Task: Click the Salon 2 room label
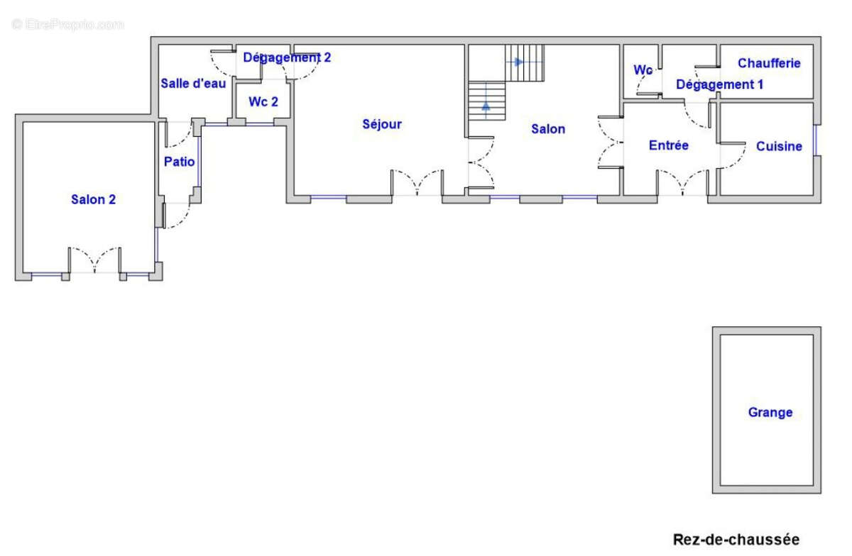[93, 199]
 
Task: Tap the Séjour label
[382, 124]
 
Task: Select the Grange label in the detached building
[770, 412]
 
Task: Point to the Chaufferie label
[769, 63]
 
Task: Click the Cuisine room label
[779, 146]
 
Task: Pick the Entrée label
[669, 145]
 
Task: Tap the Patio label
[179, 162]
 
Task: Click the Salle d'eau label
[193, 83]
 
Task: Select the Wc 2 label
[263, 102]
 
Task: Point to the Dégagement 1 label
[720, 84]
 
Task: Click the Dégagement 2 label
[287, 57]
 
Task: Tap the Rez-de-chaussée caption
[736, 540]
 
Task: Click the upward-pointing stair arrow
[486, 106]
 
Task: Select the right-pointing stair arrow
[518, 62]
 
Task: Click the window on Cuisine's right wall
[815, 140]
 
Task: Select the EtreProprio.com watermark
[67, 25]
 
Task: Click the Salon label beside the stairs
[548, 129]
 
